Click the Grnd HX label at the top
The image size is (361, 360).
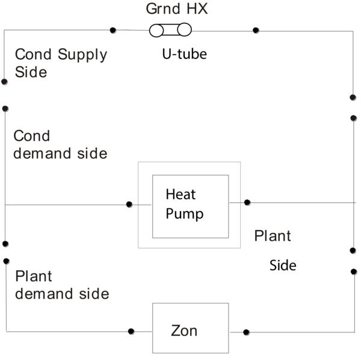pos(177,10)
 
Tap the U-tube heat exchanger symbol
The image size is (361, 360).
pos(170,29)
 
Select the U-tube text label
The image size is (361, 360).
pos(184,54)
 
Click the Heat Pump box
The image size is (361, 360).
pos(190,205)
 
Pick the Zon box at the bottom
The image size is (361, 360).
pos(190,328)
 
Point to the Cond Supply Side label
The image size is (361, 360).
pos(60,63)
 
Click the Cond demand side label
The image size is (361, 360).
pos(60,144)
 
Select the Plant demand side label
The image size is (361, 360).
pos(61,285)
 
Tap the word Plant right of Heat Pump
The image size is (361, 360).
pos(273,235)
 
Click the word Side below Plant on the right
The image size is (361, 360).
pos(283,265)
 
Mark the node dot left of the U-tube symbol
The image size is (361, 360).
pos(113,30)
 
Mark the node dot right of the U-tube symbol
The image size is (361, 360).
pos(256,30)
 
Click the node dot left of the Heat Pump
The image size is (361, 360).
pos(129,205)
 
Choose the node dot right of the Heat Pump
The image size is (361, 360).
pos(247,203)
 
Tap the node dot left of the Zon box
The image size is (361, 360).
pos(131,331)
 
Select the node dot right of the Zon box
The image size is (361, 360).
pos(247,332)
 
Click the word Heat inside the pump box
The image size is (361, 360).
pos(180,195)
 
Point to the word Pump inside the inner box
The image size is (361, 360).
pos(185,214)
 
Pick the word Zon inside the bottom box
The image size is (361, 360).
pos(184,331)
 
